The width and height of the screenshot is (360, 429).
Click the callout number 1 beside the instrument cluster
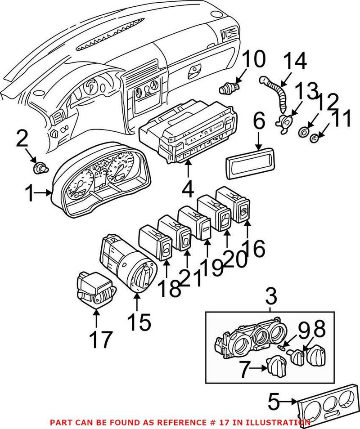tap(30, 195)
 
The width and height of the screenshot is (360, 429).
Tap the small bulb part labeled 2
tap(40, 170)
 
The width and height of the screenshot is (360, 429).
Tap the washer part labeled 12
tap(304, 132)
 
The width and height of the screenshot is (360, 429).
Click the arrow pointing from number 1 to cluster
tap(46, 194)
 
